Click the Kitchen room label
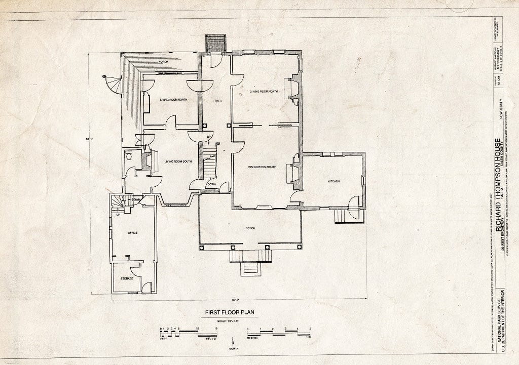(x=333, y=181)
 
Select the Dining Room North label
(x=264, y=91)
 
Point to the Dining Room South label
(x=262, y=167)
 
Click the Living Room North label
(x=174, y=100)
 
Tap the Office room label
(x=133, y=233)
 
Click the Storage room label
(x=127, y=278)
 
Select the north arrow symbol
(x=233, y=342)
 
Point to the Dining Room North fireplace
(x=292, y=88)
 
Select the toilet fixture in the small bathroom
(x=129, y=156)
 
